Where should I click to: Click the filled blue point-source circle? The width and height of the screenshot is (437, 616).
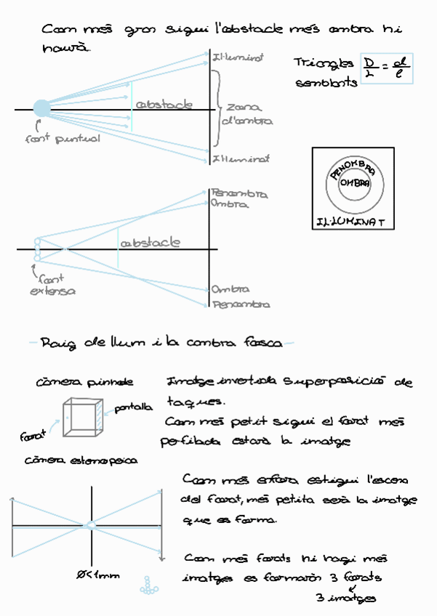point(41,108)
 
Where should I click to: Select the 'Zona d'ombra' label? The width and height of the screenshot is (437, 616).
point(244,114)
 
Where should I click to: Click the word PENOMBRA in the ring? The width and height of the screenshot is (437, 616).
point(353,171)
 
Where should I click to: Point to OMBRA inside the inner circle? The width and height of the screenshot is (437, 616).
point(355,183)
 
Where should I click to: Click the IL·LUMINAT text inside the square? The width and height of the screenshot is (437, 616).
point(352,220)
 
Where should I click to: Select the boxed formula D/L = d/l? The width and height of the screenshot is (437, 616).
point(387,69)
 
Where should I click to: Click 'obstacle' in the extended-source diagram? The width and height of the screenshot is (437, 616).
point(151,243)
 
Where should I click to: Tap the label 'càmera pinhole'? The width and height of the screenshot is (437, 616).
point(84,381)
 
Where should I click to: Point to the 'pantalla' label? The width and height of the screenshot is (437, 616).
point(135,408)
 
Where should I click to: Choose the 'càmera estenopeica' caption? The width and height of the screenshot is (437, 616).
point(81,460)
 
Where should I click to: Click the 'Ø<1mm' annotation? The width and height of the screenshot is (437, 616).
point(97,575)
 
